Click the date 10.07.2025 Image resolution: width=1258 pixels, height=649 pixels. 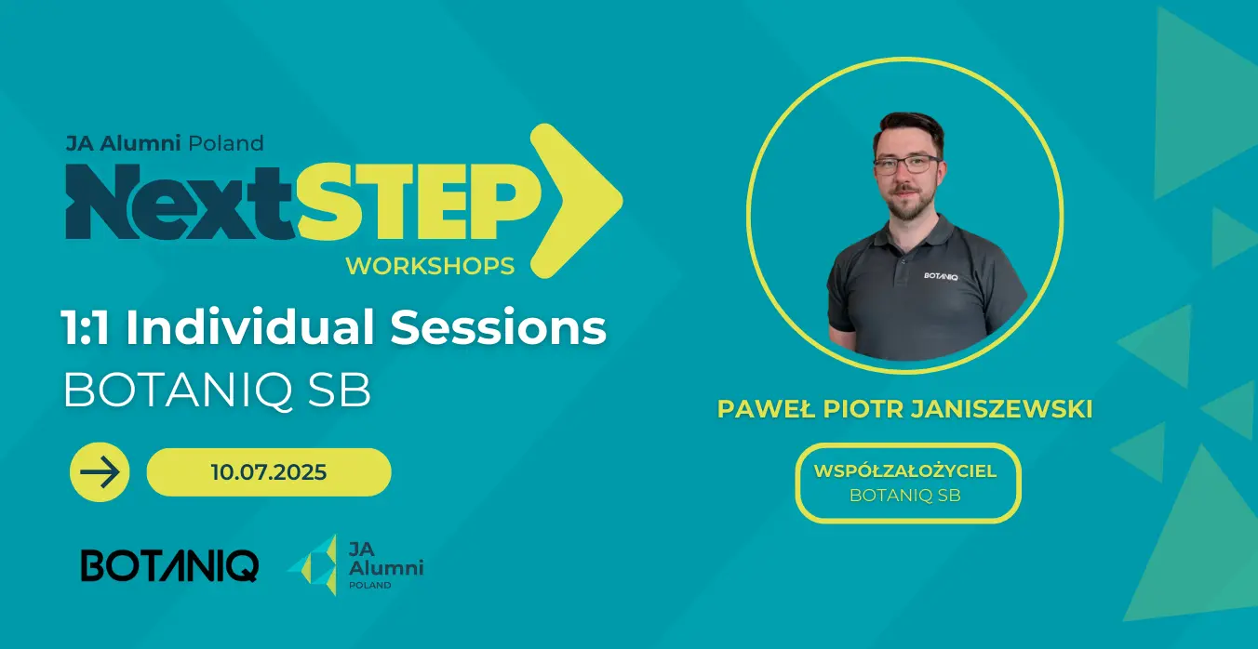[x=269, y=472]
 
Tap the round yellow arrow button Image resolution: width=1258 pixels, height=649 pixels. [x=100, y=472]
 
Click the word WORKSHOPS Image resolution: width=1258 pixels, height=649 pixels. [x=430, y=266]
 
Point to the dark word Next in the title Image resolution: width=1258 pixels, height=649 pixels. [x=181, y=202]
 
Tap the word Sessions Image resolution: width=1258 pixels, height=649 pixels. [x=499, y=327]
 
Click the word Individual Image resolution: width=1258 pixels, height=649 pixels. [x=250, y=326]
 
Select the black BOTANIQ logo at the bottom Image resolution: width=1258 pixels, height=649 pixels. [x=169, y=566]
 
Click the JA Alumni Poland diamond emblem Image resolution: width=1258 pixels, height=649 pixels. [x=315, y=564]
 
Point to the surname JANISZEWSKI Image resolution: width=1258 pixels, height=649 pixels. [x=1001, y=409]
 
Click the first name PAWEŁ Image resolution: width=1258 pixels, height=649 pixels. [x=766, y=409]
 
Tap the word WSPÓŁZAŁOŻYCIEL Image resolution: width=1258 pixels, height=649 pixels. [x=905, y=470]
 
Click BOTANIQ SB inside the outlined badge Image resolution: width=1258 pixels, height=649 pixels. [x=905, y=496]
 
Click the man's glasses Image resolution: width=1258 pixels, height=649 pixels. [x=906, y=164]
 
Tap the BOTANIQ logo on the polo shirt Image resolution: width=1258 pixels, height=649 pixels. [x=941, y=276]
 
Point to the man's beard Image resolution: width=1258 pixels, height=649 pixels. [x=905, y=202]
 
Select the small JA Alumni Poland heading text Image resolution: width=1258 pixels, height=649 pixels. [x=165, y=144]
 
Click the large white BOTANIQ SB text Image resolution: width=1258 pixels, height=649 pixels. [x=218, y=391]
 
